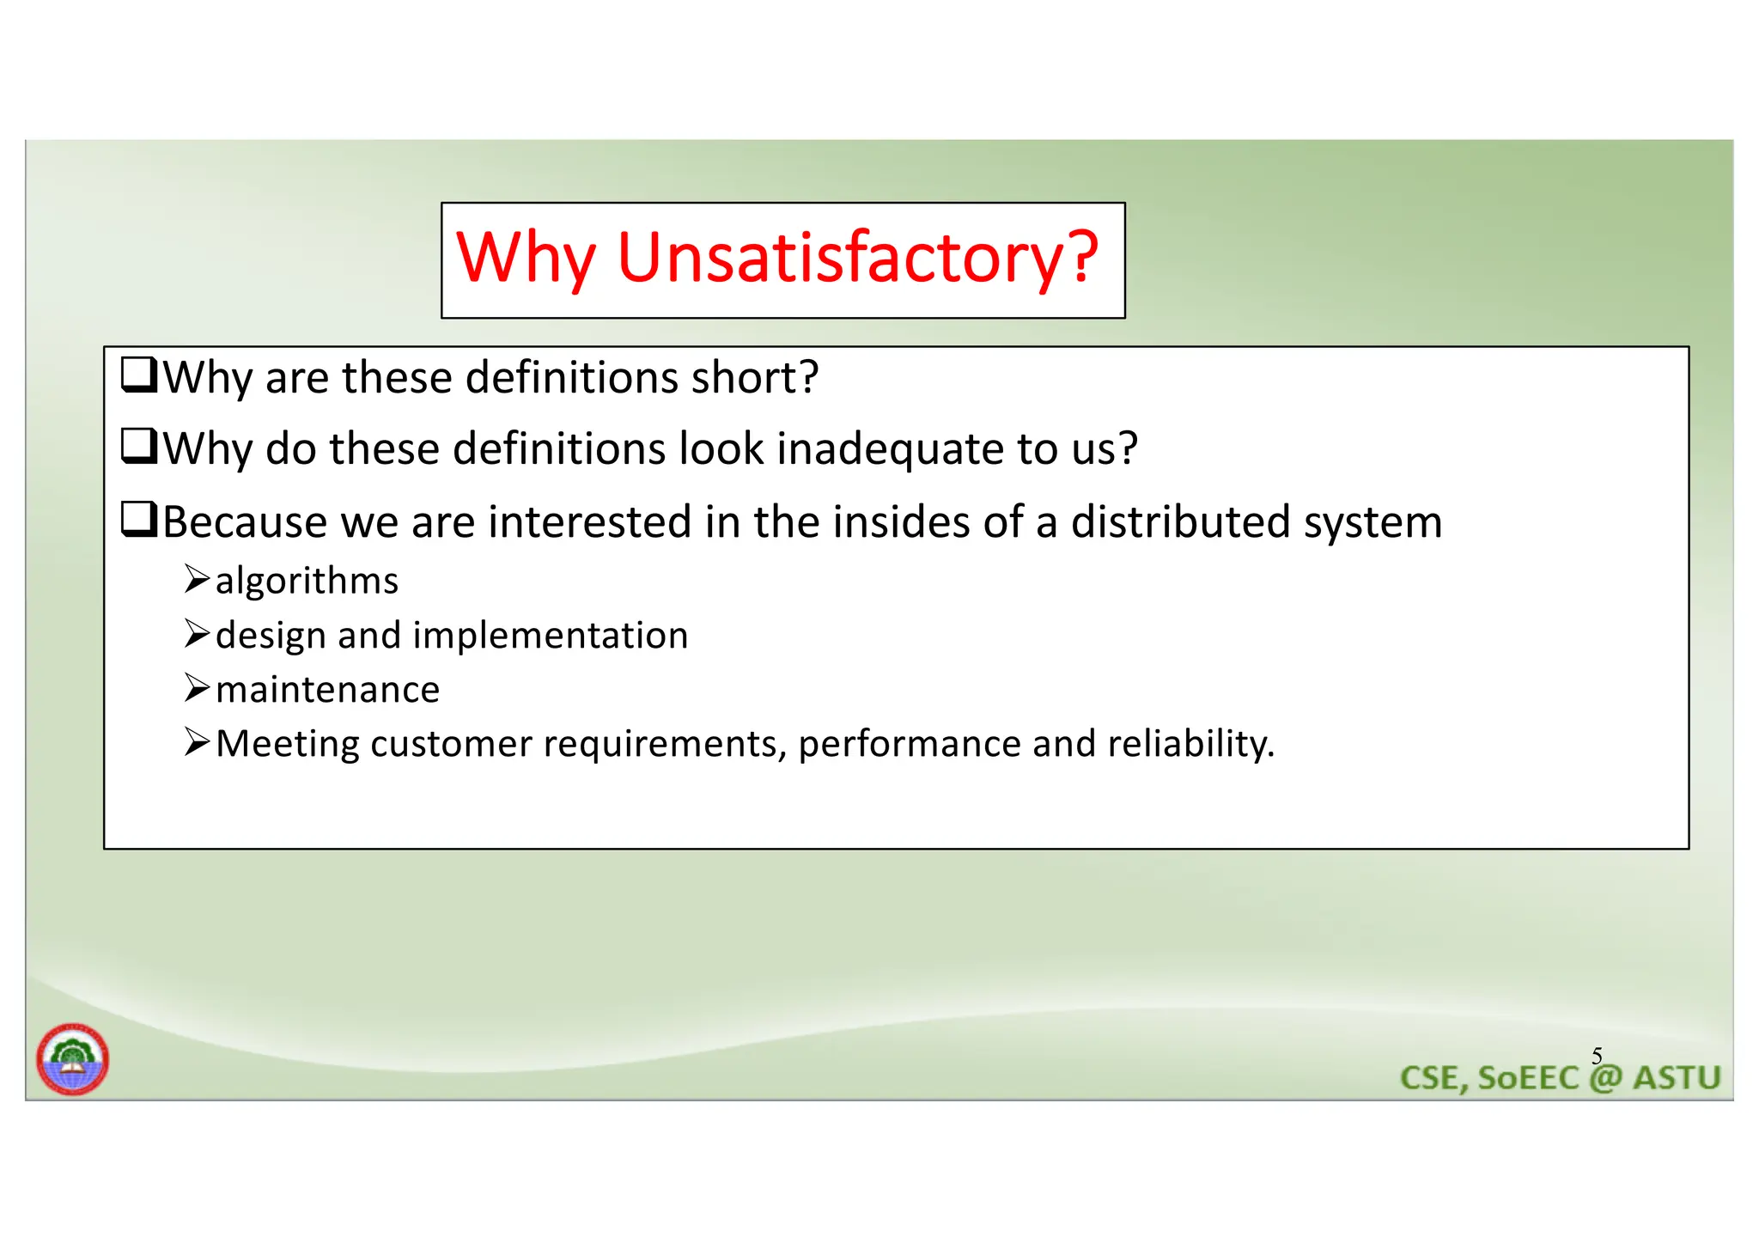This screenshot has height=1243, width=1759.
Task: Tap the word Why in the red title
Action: click(x=526, y=258)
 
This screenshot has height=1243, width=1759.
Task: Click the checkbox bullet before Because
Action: click(x=138, y=519)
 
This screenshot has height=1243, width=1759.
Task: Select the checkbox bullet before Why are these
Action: click(x=138, y=375)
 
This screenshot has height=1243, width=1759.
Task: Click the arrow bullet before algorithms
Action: click(x=197, y=579)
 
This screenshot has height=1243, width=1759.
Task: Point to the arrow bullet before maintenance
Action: click(x=197, y=687)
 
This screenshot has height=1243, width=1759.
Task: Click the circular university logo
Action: click(x=72, y=1059)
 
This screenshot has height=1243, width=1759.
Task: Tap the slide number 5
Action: click(x=1597, y=1056)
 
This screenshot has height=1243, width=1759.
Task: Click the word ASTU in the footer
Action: click(x=1677, y=1078)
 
